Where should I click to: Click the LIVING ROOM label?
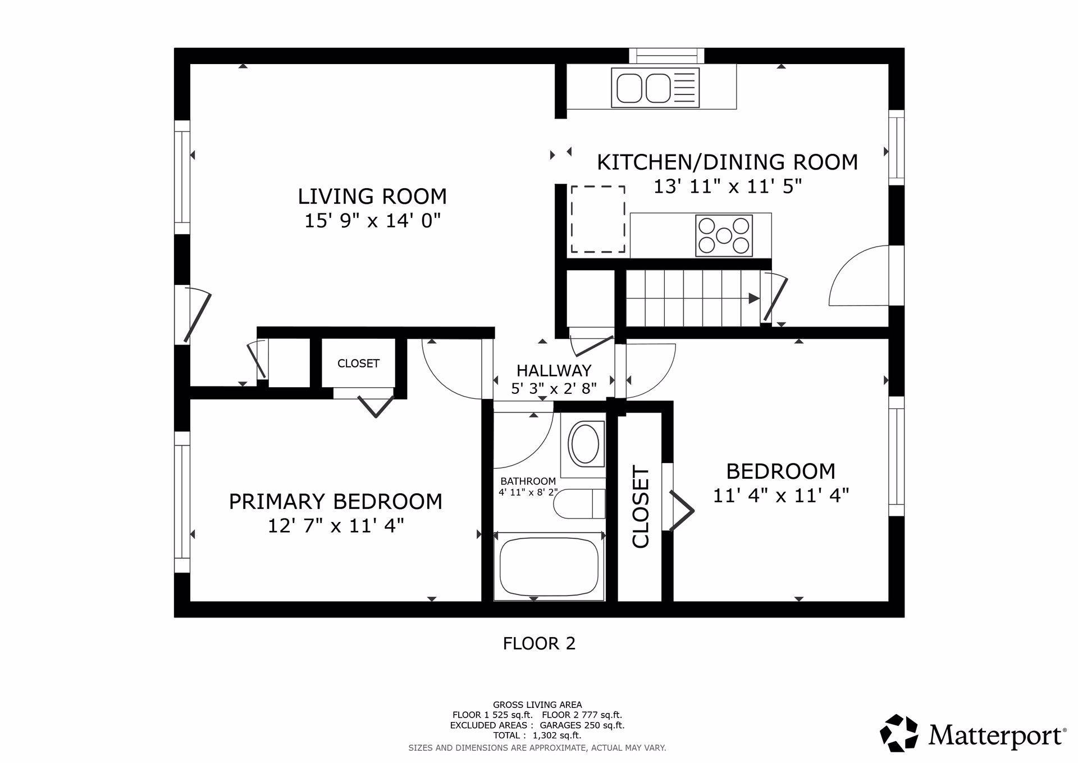[x=372, y=197]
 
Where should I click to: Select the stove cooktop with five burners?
[x=724, y=236]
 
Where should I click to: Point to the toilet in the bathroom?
[x=579, y=503]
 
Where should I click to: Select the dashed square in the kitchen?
[x=598, y=219]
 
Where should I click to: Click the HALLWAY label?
[x=554, y=371]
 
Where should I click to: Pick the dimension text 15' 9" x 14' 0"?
[x=372, y=221]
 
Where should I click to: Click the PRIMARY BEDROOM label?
[x=335, y=501]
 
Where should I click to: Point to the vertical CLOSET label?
[x=641, y=507]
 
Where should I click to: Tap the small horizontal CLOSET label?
[x=358, y=364]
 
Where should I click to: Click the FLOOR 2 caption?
[x=539, y=643]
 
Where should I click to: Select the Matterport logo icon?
[x=899, y=733]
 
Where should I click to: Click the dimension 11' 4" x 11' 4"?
[x=781, y=496]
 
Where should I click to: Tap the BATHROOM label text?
[x=528, y=482]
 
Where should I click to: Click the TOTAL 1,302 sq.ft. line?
[x=537, y=735]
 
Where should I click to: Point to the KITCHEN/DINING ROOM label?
[x=727, y=162]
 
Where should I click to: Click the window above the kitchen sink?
[x=666, y=56]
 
